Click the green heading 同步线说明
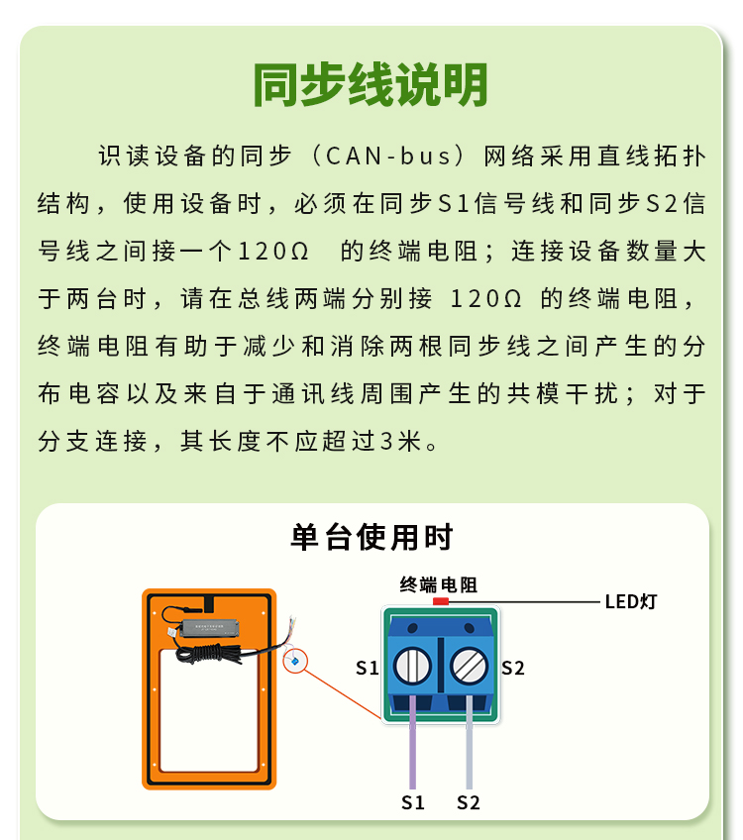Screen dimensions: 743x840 click(371, 84)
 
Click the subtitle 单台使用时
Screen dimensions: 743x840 click(371, 537)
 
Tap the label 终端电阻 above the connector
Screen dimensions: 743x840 click(438, 584)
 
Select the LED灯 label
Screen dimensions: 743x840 click(630, 601)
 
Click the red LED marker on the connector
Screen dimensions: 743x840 click(440, 601)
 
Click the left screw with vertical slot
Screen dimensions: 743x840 click(412, 666)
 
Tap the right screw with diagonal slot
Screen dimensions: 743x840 click(469, 666)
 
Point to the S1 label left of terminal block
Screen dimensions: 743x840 click(368, 668)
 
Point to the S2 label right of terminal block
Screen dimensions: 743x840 click(512, 668)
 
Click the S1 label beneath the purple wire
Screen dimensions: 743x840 click(413, 802)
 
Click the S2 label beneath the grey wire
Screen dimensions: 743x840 click(469, 802)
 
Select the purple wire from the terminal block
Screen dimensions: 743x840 click(412, 742)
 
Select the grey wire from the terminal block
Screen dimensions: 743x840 click(470, 742)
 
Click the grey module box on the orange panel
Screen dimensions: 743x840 click(209, 627)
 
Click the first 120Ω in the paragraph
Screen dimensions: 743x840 click(272, 252)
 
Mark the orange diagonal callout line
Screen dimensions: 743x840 click(343, 694)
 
